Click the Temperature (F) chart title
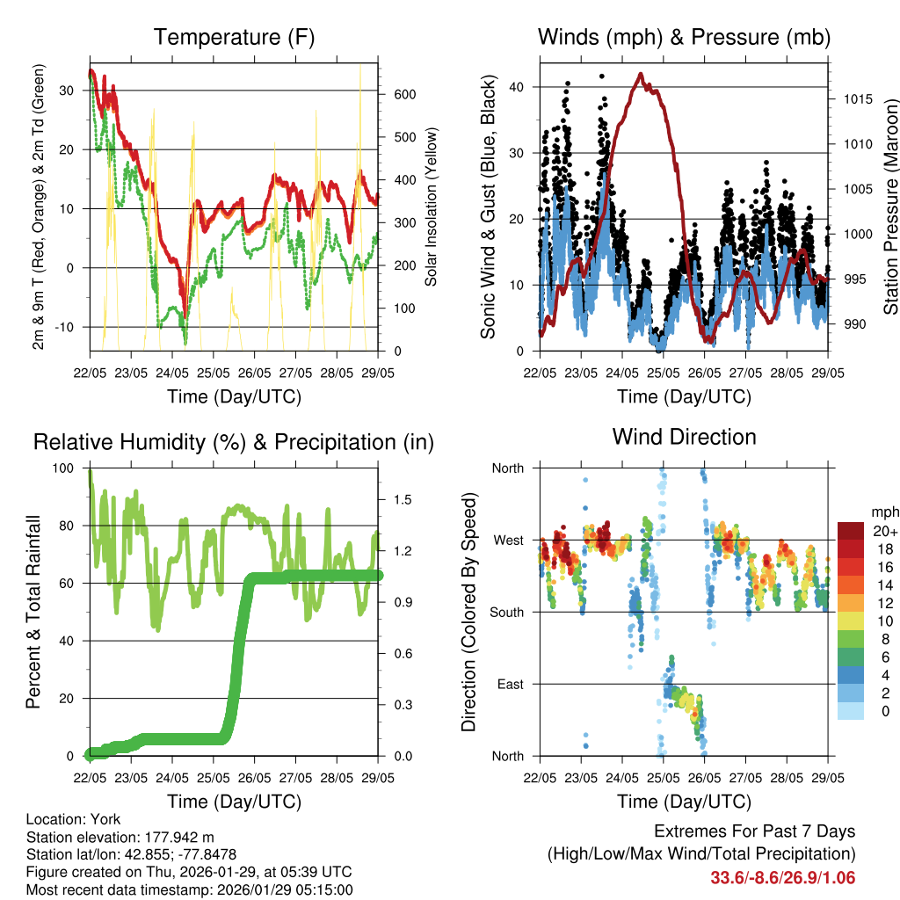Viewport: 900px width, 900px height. pos(234,37)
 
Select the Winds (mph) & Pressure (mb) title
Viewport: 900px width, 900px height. pos(684,37)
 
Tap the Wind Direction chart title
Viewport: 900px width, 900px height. pos(684,436)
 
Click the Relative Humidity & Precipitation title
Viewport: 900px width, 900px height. pos(234,442)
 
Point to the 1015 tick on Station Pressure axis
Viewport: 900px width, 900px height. pos(853,98)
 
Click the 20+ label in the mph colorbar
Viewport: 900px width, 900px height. pos(883,531)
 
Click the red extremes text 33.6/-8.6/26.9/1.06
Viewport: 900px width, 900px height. pos(782,877)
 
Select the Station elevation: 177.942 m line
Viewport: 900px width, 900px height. pos(120,837)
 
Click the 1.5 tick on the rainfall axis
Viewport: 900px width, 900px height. pos(403,499)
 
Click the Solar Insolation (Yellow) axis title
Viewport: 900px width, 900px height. pos(431,207)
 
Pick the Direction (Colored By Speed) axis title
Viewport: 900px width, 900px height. pos(468,612)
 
